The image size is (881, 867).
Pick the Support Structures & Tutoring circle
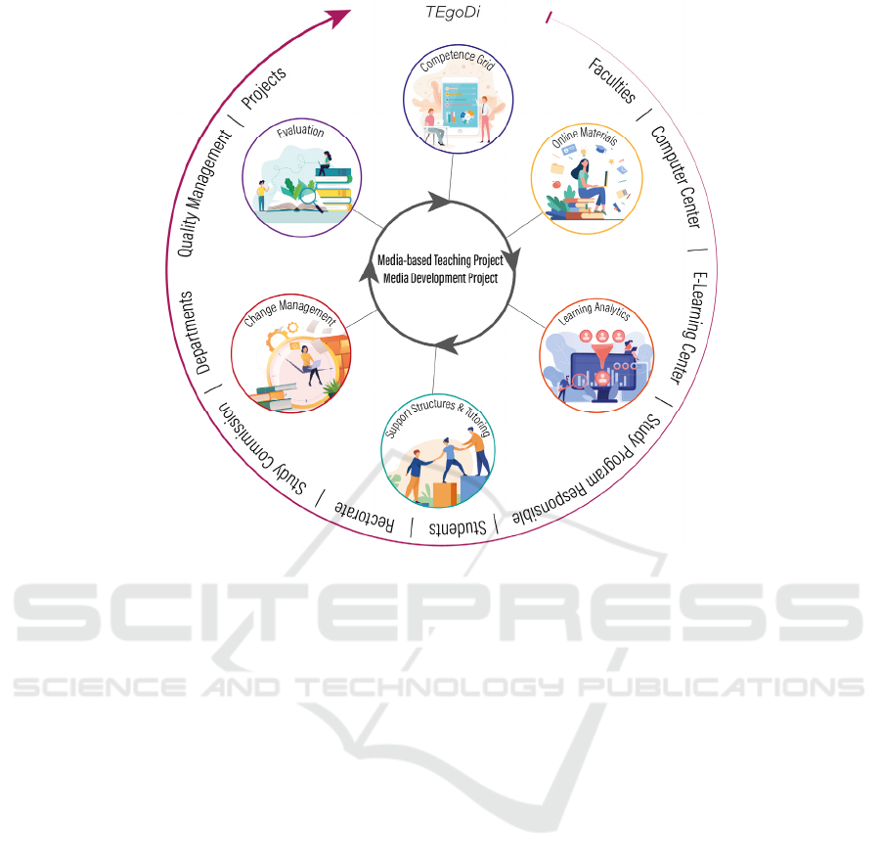click(x=437, y=451)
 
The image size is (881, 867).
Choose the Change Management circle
click(x=290, y=352)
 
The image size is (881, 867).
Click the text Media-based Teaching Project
click(x=440, y=261)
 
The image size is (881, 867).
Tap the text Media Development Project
click(x=440, y=278)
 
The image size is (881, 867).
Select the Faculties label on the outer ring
click(x=612, y=81)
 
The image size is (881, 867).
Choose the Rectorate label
click(x=365, y=517)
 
